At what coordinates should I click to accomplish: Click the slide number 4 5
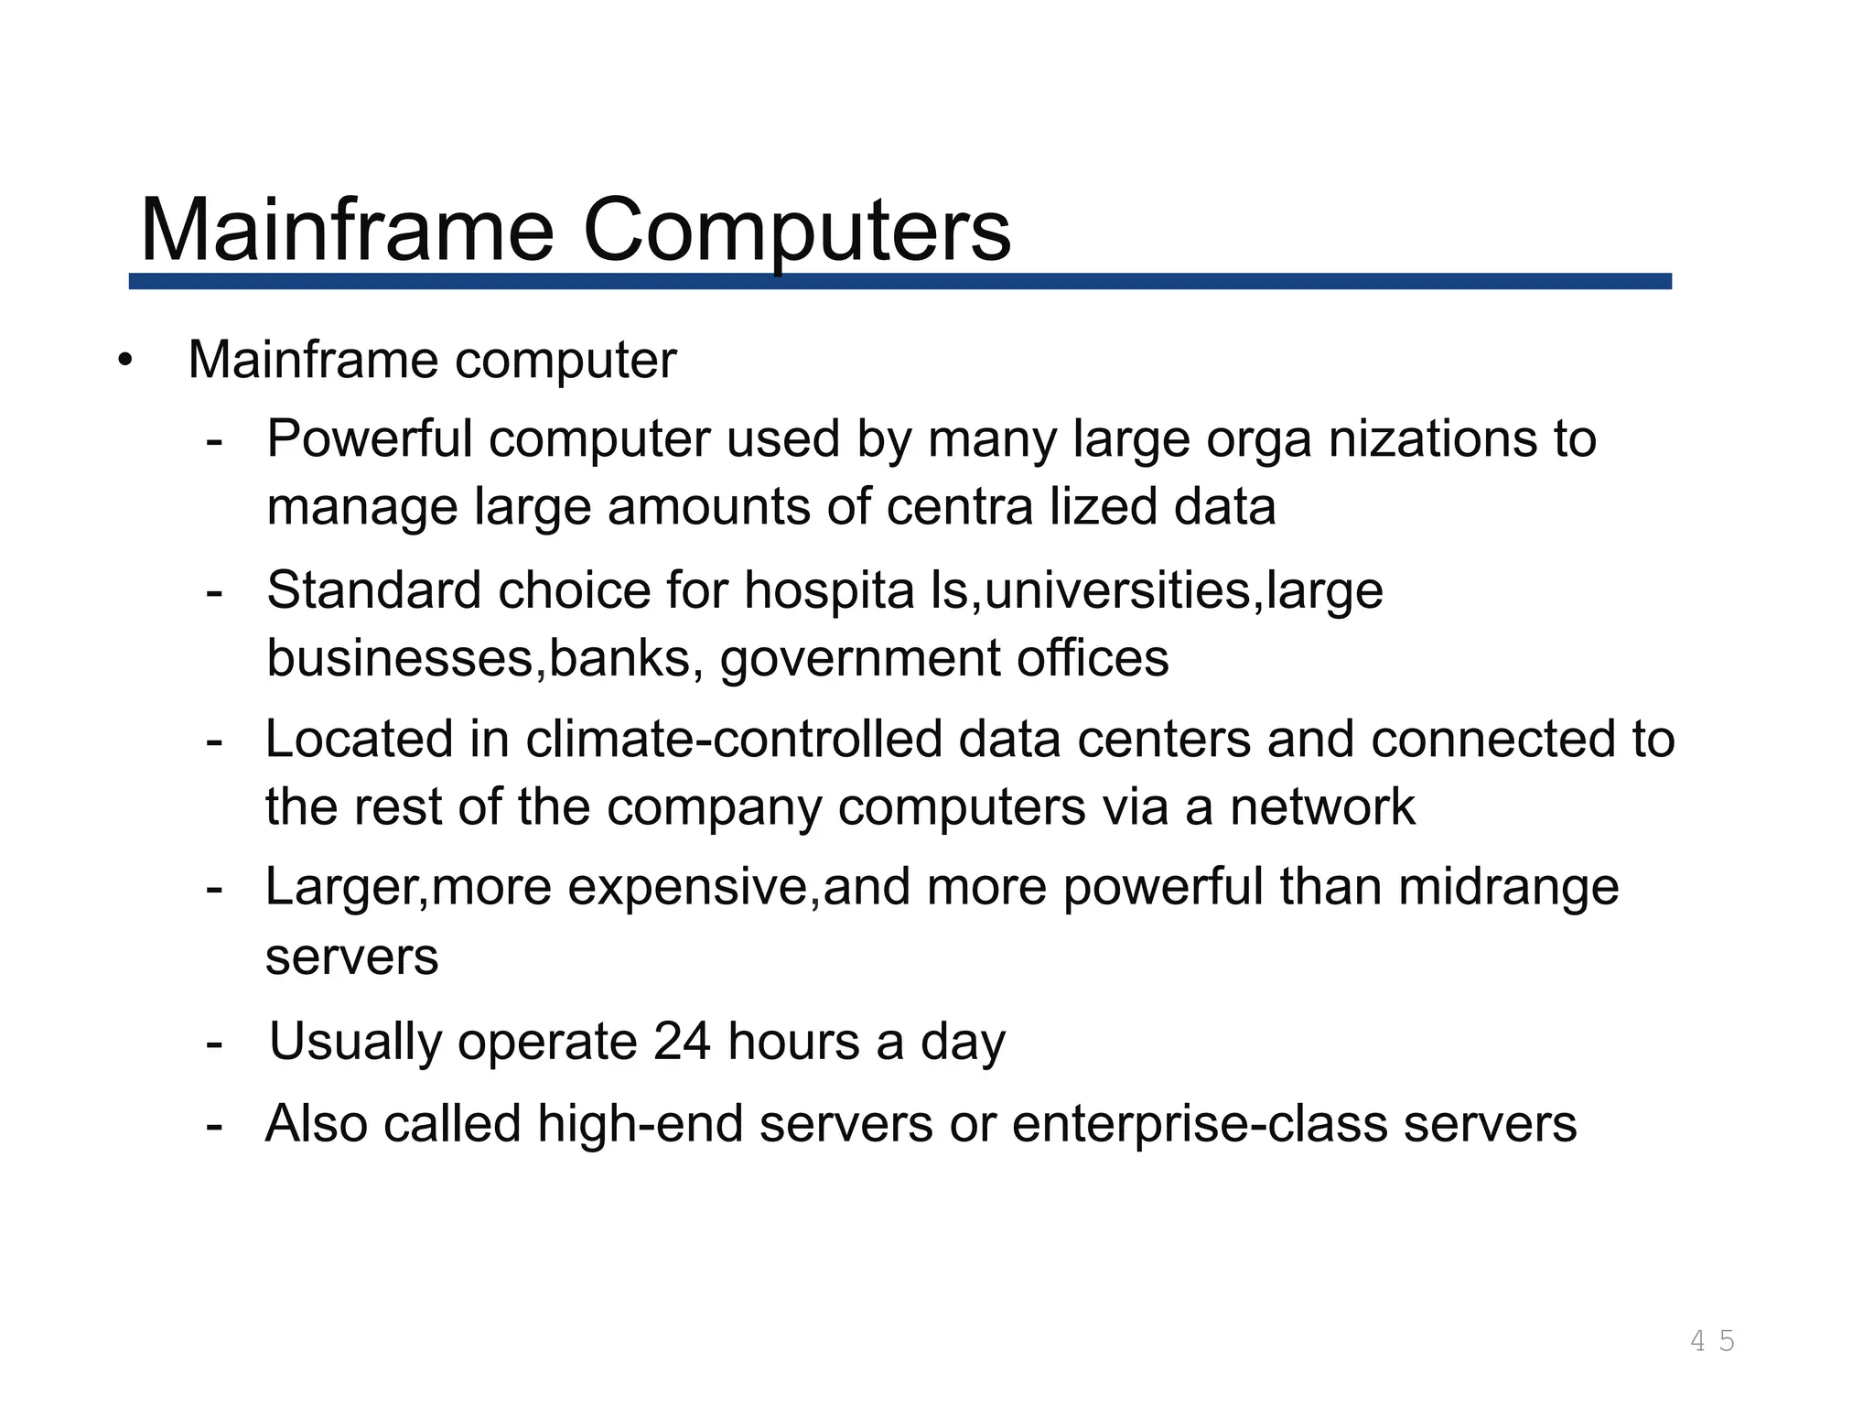1712,1341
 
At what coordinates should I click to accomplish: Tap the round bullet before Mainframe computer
125,360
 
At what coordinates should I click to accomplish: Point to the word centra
960,507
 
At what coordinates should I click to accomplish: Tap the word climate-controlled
734,739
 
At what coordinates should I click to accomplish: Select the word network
1321,807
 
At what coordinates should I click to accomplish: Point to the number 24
682,1042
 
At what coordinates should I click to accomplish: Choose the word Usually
355,1043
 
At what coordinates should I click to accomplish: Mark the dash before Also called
215,1125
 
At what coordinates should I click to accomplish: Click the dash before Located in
215,740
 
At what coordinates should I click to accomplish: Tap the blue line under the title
900,281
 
